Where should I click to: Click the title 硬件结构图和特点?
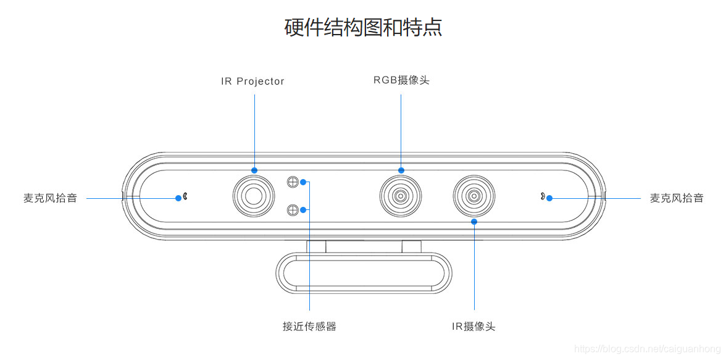[x=363, y=27]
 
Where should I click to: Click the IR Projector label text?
[x=252, y=82]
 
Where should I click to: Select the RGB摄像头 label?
[x=401, y=80]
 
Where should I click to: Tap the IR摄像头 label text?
[x=474, y=326]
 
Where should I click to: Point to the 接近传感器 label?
[x=309, y=326]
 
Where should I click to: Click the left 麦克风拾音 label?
[x=51, y=198]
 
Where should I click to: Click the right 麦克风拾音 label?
[x=677, y=198]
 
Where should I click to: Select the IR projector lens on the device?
[x=254, y=196]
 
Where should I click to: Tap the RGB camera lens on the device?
[x=401, y=196]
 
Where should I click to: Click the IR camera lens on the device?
[x=474, y=196]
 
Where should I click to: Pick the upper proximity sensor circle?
[x=293, y=182]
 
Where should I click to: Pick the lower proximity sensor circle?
[x=293, y=211]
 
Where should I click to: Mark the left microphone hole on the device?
[x=185, y=197]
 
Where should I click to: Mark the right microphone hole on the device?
[x=541, y=197]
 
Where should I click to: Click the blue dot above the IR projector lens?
[x=254, y=170]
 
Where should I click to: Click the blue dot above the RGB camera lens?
[x=401, y=170]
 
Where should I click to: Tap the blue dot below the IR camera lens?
[x=474, y=221]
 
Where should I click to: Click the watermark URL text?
[x=648, y=349]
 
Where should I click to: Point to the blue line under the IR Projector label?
[x=254, y=130]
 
